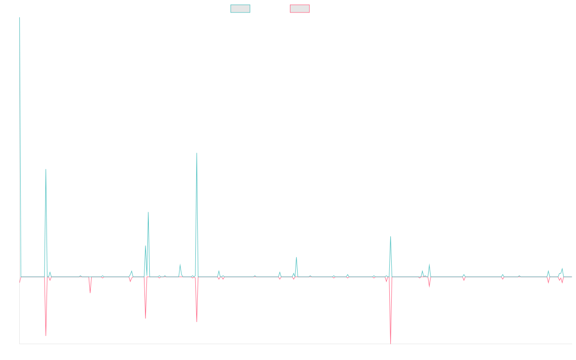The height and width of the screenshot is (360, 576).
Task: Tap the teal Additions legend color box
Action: pos(240,9)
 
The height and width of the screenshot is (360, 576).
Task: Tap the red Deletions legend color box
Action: pos(300,9)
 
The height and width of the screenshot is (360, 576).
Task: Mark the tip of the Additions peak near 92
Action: pos(46,169)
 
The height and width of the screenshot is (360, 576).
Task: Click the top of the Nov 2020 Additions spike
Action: pos(197,153)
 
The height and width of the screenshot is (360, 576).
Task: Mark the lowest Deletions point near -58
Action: pos(391,343)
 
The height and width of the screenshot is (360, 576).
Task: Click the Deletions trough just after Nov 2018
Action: pos(46,335)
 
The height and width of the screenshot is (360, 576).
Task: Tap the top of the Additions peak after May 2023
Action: pos(391,237)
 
